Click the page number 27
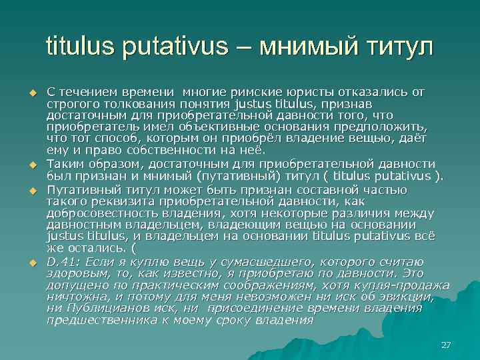447,345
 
